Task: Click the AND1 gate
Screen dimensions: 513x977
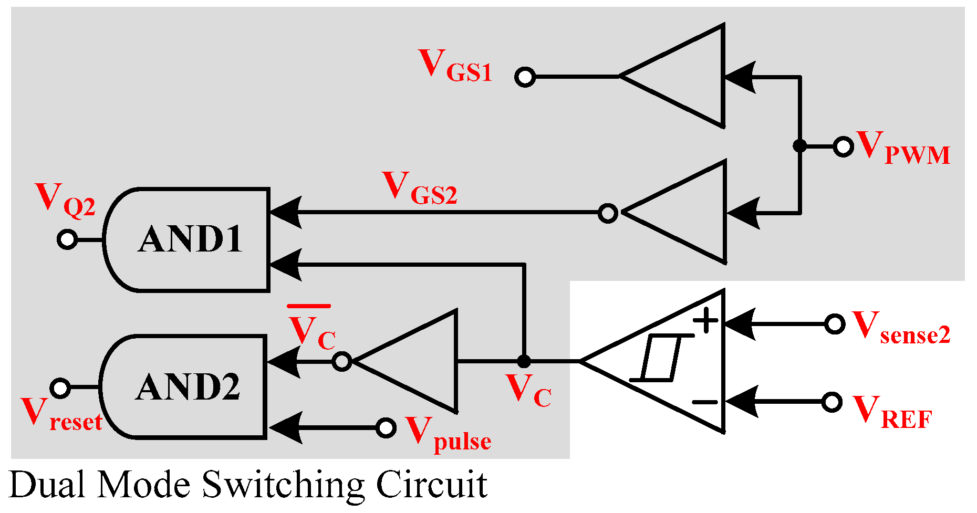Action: click(189, 239)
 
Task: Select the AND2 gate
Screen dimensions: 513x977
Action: click(186, 387)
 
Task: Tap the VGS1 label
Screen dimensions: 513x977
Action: click(455, 66)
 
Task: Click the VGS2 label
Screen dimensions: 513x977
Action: click(419, 189)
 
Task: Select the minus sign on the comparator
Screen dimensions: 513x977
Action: click(705, 402)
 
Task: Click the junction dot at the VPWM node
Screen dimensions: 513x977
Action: click(799, 146)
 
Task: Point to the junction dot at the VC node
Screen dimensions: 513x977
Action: click(524, 361)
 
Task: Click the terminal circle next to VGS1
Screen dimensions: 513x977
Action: click(525, 77)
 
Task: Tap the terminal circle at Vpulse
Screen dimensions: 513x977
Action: click(386, 428)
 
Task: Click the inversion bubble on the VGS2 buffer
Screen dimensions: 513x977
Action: click(608, 213)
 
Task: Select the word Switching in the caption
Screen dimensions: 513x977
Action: click(283, 485)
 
